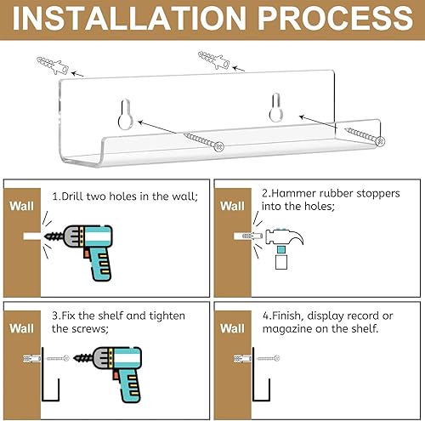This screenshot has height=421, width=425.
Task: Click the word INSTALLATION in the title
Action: click(129, 18)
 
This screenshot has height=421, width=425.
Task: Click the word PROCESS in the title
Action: click(335, 18)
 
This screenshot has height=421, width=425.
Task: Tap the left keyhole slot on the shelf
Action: click(125, 114)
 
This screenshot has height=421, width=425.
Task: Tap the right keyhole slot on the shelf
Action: click(275, 107)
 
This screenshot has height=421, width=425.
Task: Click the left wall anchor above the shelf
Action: click(53, 65)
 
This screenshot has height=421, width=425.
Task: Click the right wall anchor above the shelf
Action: click(214, 60)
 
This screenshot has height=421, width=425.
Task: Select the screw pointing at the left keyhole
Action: click(204, 142)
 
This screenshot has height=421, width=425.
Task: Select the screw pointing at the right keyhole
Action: click(365, 136)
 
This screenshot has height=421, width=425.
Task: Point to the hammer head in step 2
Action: click(284, 236)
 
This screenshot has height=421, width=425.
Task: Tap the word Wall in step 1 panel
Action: click(21, 206)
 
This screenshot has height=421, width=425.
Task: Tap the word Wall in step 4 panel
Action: click(232, 328)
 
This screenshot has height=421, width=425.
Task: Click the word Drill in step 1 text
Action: click(72, 196)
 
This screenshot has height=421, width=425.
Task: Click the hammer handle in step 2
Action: click(281, 258)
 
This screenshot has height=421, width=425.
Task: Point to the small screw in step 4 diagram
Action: click(269, 358)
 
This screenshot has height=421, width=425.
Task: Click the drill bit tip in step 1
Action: click(44, 236)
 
